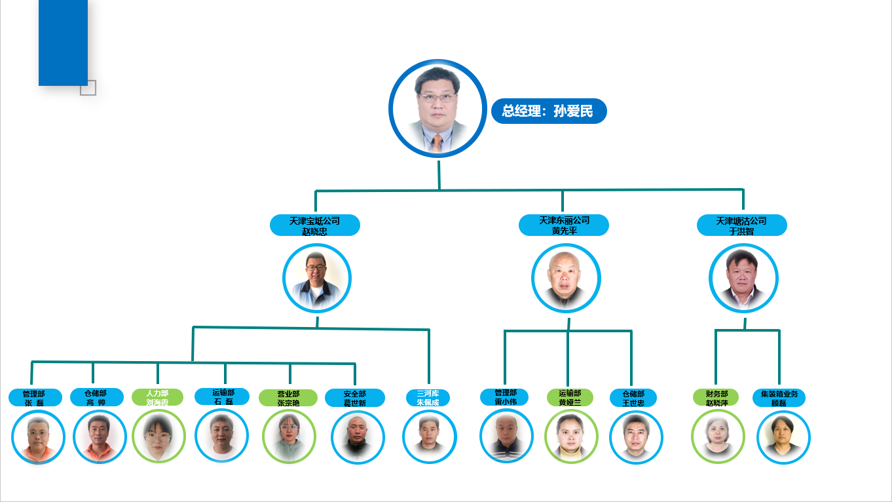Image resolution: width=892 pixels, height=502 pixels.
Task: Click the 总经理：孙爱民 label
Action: (549, 111)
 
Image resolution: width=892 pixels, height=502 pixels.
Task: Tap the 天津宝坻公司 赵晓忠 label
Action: (315, 225)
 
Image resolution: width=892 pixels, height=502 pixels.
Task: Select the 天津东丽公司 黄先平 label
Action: (564, 225)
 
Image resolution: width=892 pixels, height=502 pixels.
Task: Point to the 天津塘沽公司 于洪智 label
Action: (741, 225)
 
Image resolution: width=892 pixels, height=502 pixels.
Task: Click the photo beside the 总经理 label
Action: (437, 108)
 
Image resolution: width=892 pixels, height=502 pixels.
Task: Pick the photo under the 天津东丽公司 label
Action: (566, 278)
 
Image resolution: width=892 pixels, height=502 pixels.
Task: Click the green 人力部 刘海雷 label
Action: (157, 398)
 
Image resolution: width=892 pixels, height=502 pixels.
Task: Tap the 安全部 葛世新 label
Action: (355, 398)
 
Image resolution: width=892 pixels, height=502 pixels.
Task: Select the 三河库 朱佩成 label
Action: (428, 398)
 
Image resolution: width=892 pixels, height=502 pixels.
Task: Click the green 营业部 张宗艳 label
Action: (288, 398)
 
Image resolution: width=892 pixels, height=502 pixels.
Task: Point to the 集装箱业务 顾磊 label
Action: (779, 398)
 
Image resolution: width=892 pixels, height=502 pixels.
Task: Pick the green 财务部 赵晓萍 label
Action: (716, 398)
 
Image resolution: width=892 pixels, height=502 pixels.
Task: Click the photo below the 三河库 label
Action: (429, 436)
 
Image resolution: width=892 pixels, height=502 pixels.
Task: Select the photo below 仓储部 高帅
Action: (100, 437)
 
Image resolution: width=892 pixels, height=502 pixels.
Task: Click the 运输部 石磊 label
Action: (223, 396)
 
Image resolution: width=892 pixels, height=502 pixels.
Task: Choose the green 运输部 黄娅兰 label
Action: (570, 397)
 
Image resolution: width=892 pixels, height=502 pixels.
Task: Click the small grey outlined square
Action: (88, 88)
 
